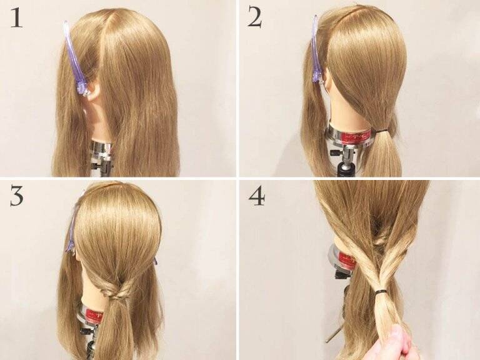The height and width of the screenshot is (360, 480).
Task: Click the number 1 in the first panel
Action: [x=16, y=18]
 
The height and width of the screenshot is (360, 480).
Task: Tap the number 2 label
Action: [x=255, y=18]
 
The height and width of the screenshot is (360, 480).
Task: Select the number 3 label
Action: [x=17, y=196]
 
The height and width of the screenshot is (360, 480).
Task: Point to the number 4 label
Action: [x=256, y=196]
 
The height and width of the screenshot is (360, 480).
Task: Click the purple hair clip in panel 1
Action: [x=75, y=58]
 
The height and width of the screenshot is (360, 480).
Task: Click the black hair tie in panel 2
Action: [x=381, y=131]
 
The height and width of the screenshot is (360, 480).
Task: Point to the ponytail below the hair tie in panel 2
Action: [x=382, y=154]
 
